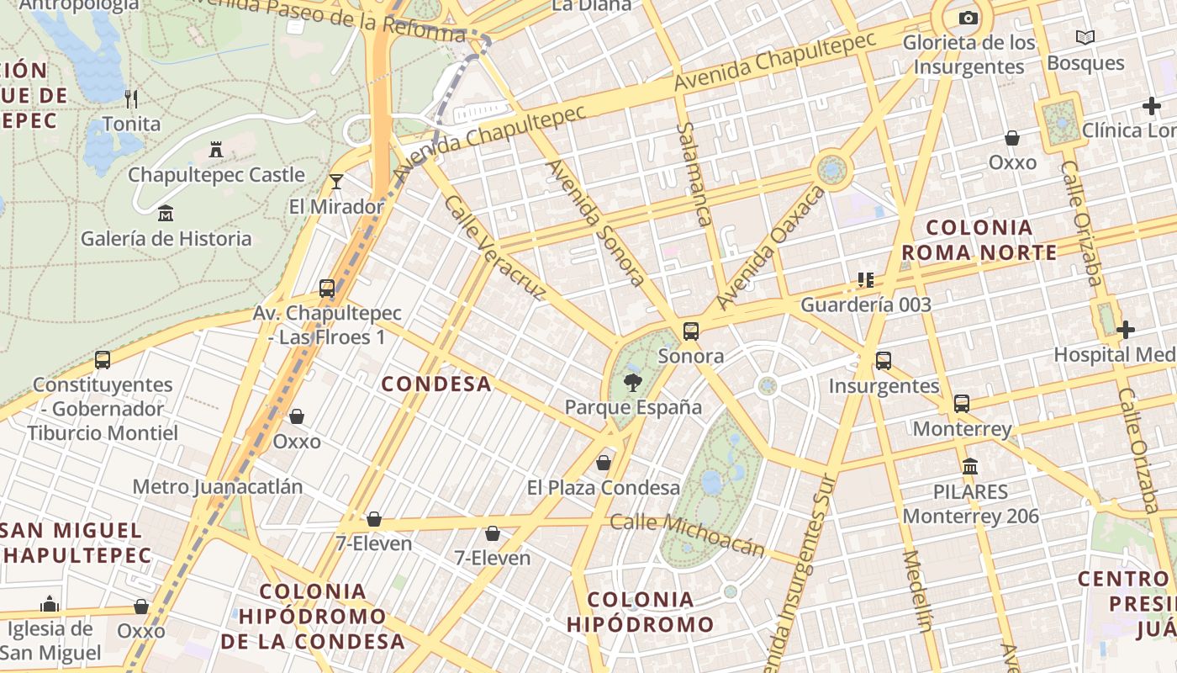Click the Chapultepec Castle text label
coord(216,175)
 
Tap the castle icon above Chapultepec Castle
coord(216,151)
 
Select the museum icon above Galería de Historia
coord(166,214)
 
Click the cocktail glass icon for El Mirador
coord(336,181)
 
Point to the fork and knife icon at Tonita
coord(131,99)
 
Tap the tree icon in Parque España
coord(631,384)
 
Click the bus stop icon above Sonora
coord(691,331)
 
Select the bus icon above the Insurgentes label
coord(883,361)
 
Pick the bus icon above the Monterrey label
coord(962,404)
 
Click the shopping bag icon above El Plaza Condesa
coord(603,463)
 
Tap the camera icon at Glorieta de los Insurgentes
coord(969,19)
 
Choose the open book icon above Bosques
coord(1085,38)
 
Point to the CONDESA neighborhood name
coord(435,384)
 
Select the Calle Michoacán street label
coord(687,534)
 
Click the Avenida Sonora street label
coord(596,223)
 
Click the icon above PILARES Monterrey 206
coord(970,466)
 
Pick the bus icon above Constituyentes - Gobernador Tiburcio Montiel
coord(103,360)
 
